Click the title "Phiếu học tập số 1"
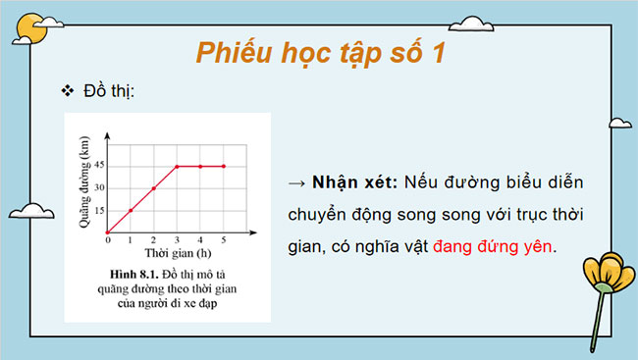pos(319,52)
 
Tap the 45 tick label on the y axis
pos(100,166)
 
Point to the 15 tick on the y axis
pos(100,210)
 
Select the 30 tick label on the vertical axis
pos(100,188)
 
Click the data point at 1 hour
pos(131,210)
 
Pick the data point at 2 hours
pos(154,188)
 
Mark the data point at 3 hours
pos(178,166)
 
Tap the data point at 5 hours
pos(224,166)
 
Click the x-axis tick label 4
pos(201,239)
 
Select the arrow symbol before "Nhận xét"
pos(296,183)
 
